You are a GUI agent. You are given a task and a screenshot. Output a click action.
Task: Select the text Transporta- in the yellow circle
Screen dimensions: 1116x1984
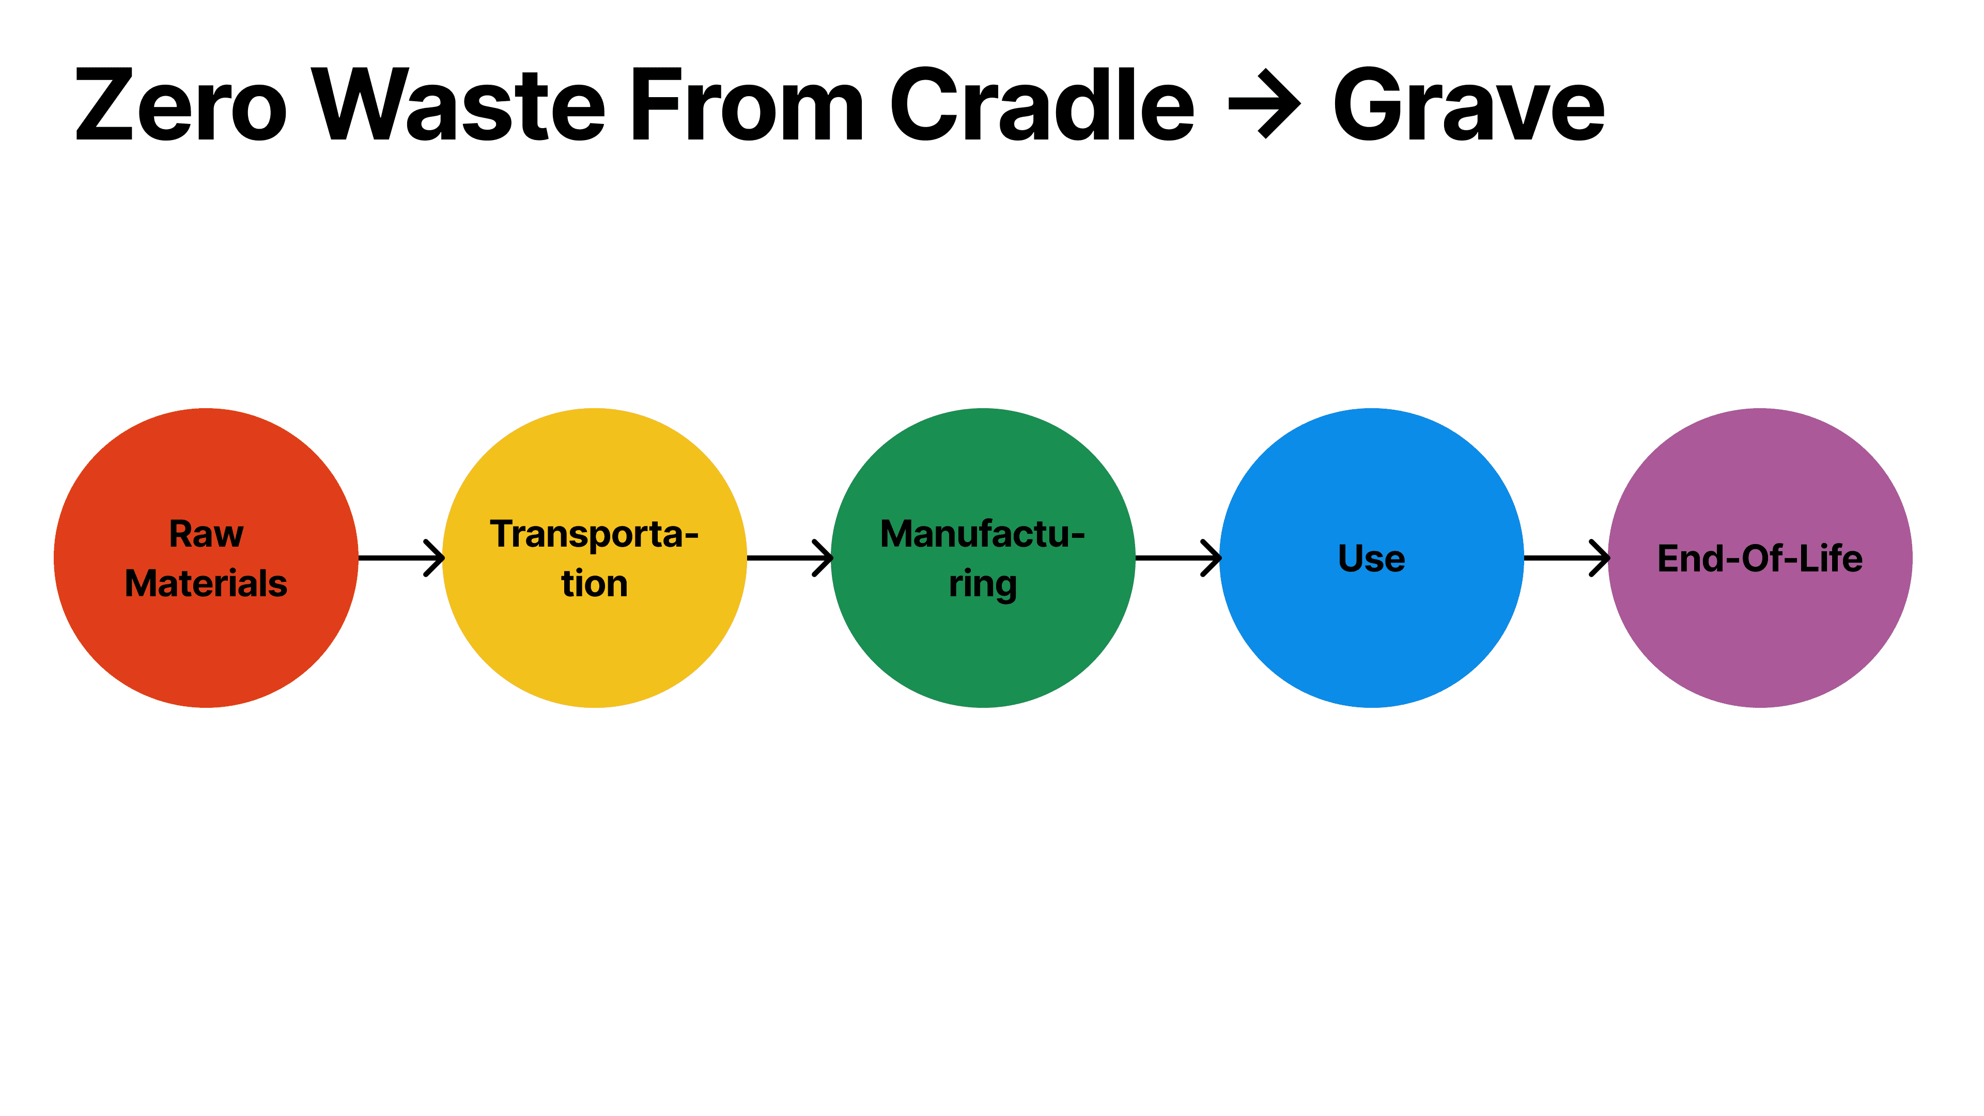click(594, 534)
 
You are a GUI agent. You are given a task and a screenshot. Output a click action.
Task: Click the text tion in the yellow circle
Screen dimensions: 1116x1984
click(594, 583)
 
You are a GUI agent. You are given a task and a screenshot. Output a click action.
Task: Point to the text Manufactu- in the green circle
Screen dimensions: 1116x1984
click(982, 534)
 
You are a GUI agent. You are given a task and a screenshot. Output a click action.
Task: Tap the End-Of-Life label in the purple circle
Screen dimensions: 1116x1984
click(1759, 559)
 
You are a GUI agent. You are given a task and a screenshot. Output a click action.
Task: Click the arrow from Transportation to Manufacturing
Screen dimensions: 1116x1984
click(789, 557)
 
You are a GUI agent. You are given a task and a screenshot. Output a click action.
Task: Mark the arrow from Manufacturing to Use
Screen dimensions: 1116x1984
click(1177, 557)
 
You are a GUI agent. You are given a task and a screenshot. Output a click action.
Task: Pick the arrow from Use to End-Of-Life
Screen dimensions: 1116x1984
click(1566, 557)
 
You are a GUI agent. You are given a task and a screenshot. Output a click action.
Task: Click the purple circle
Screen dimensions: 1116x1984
click(1759, 647)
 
